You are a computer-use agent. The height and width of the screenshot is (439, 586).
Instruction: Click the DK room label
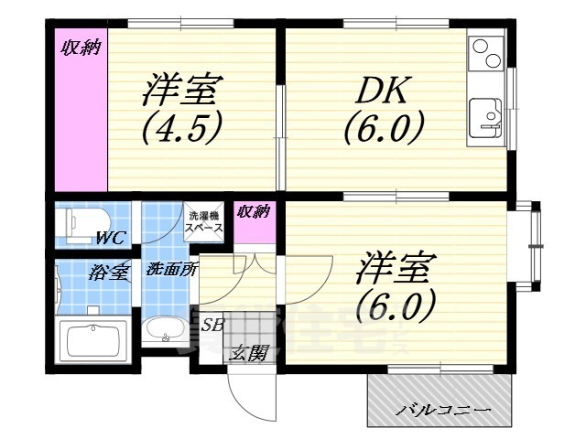coord(375,91)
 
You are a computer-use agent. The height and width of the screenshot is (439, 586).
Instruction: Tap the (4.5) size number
coord(183,127)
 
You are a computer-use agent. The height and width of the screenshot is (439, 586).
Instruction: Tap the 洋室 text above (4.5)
coord(181,91)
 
